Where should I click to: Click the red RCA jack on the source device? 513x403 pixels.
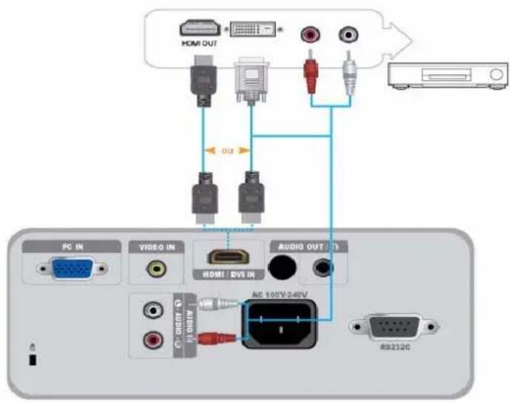pyautogui.click(x=310, y=34)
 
